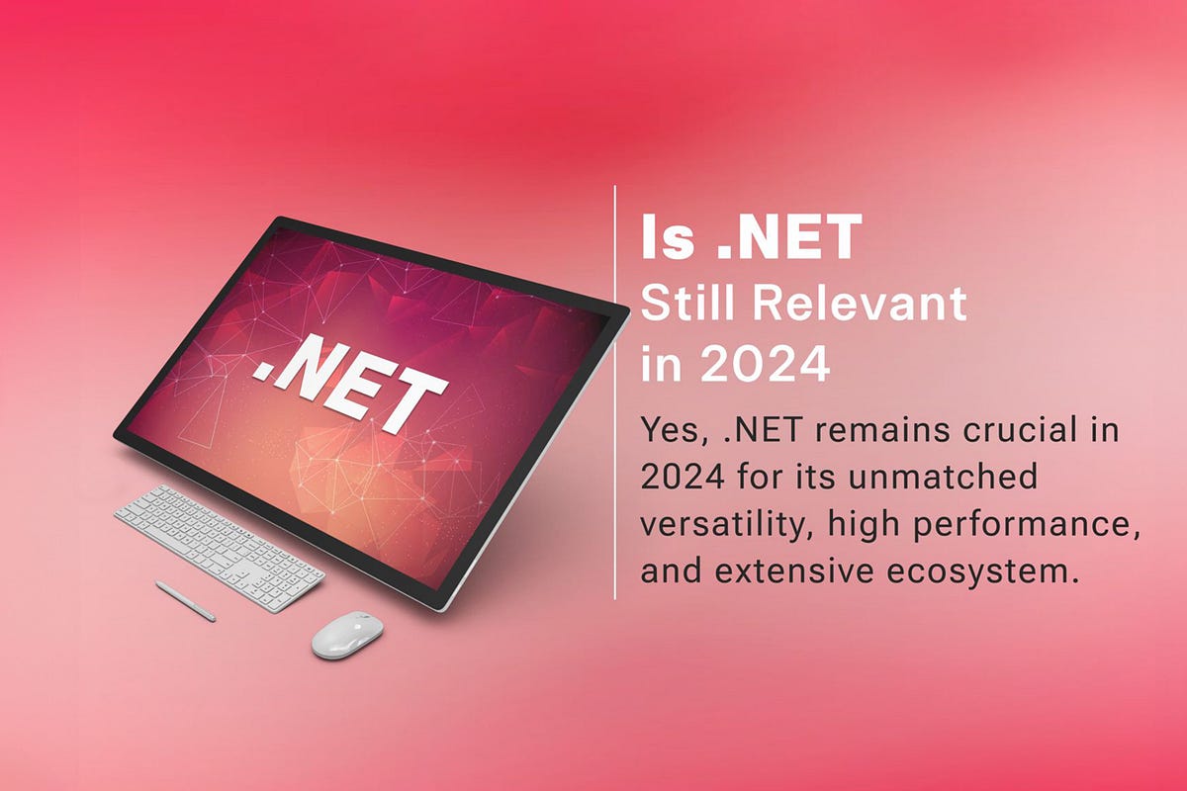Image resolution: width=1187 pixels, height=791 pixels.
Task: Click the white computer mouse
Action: pyautogui.click(x=346, y=635)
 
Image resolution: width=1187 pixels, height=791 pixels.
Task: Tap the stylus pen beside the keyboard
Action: pyautogui.click(x=185, y=600)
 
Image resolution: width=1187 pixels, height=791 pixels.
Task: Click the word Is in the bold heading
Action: pyautogui.click(x=668, y=241)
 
